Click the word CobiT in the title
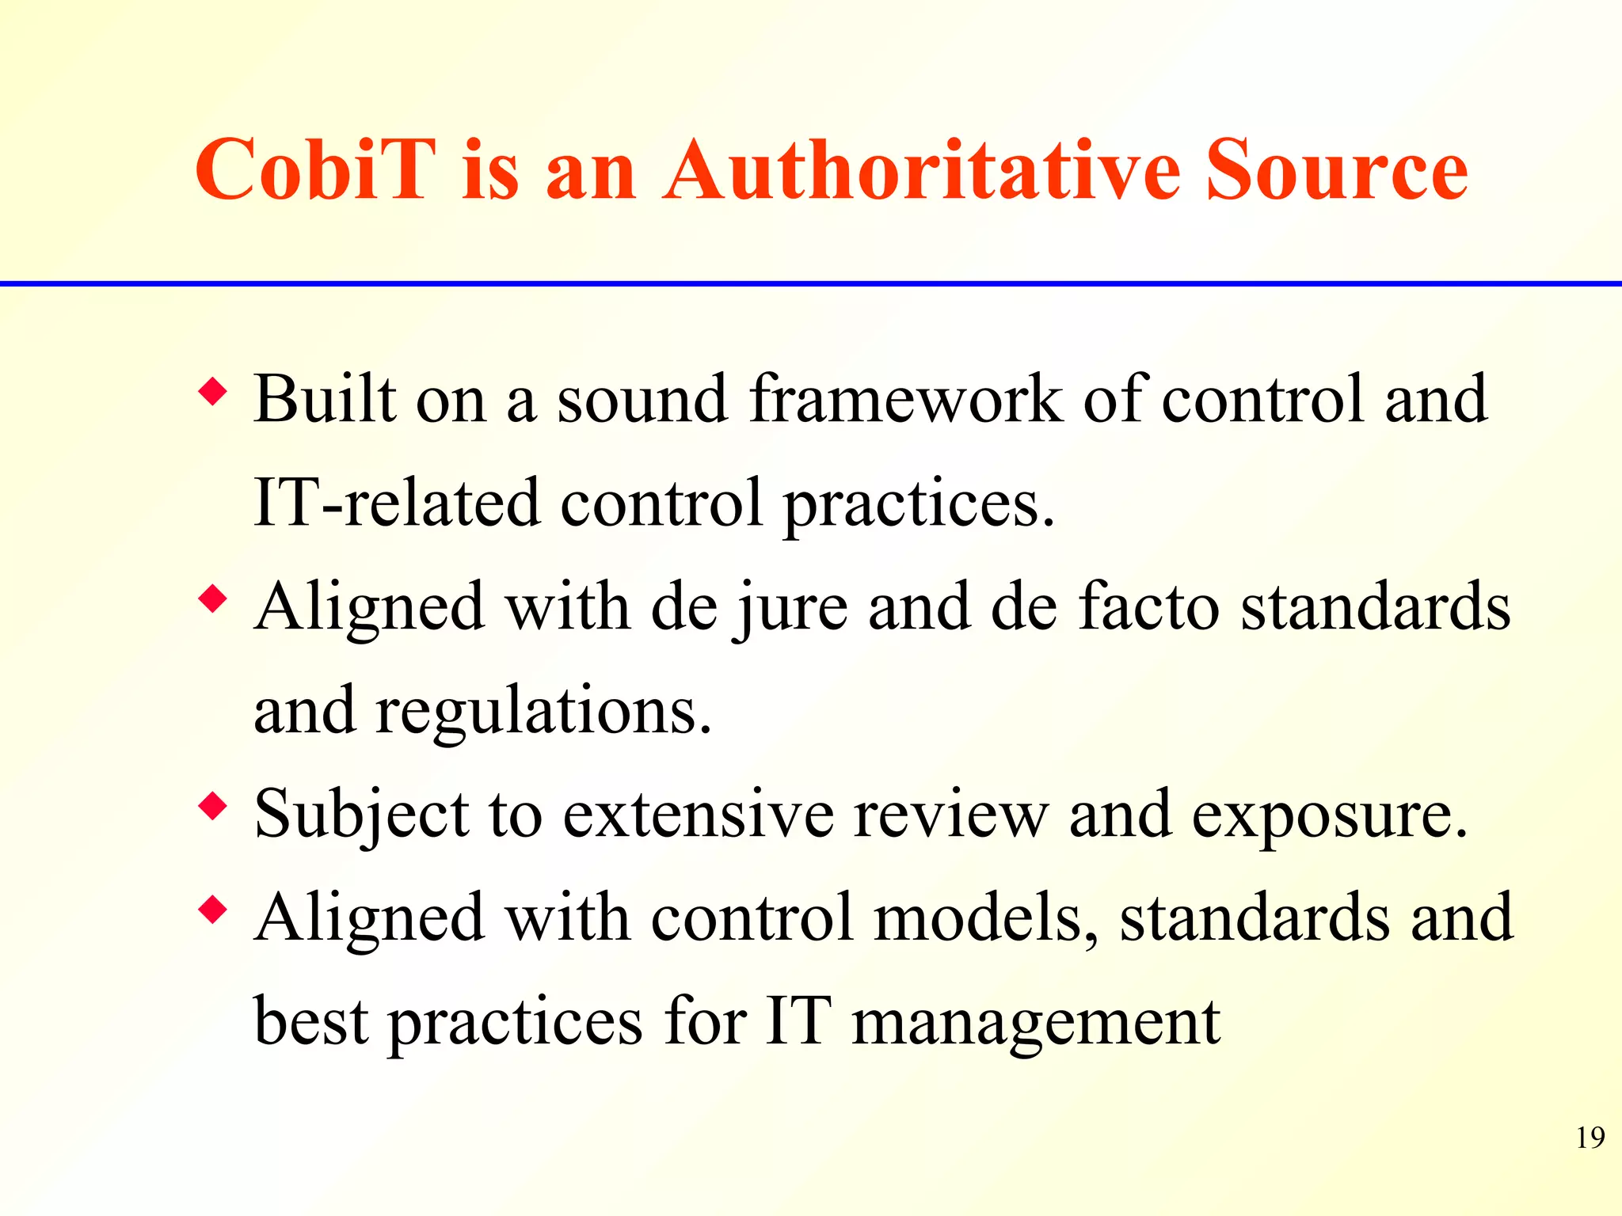pos(315,170)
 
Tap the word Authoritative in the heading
pos(922,170)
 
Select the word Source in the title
pos(1336,170)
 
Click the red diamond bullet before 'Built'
pos(213,392)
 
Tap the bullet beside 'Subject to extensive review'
pos(213,807)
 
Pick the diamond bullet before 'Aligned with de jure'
pos(213,599)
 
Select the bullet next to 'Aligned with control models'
pos(213,910)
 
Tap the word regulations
pos(543,711)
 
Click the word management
pos(1035,1023)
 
